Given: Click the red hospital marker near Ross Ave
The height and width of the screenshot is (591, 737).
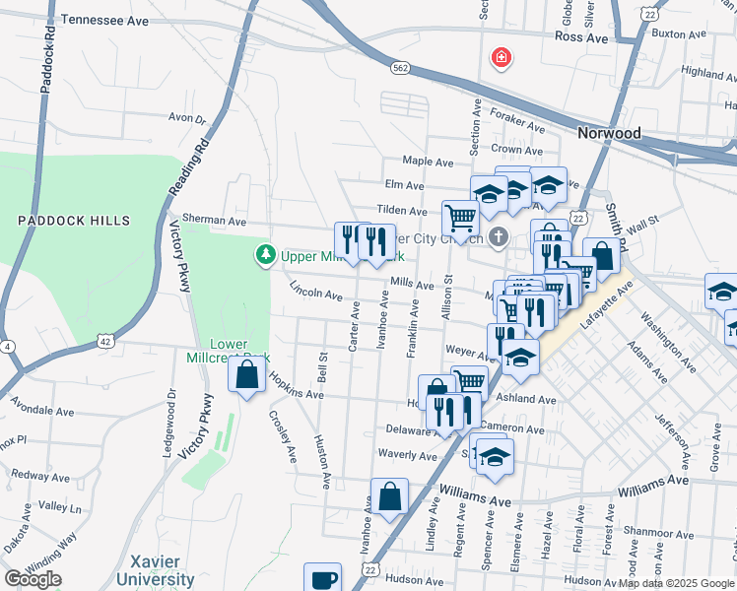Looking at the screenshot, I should point(502,58).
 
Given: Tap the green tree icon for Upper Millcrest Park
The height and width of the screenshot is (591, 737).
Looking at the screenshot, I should point(265,256).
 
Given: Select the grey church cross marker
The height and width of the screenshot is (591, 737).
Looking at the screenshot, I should point(499,237).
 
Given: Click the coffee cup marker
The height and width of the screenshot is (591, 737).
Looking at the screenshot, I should point(322,578).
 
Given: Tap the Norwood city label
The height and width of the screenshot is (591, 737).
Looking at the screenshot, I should point(609,133).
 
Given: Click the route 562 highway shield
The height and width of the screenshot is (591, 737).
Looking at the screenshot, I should point(399,68).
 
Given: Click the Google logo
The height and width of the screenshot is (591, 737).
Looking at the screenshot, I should point(33,579).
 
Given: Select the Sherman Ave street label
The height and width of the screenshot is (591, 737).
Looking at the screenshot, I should point(213,222).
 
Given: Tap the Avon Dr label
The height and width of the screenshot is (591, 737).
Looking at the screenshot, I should point(186,118).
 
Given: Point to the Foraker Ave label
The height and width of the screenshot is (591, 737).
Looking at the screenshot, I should point(518,126).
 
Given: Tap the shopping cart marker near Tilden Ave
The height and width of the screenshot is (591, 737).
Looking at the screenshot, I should point(459,218).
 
